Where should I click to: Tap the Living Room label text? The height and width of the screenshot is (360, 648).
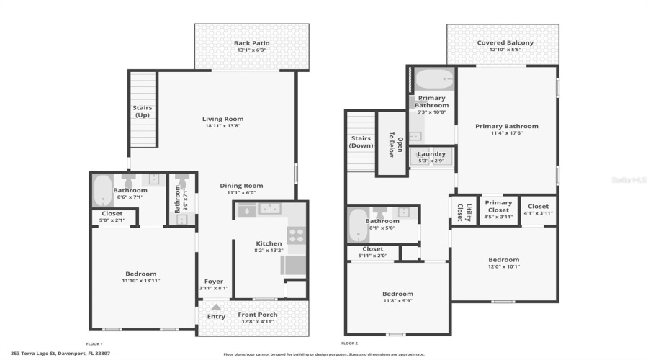pos(222,119)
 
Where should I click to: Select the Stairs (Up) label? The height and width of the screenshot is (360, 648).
pos(143,112)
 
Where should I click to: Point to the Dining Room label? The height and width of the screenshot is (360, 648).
pos(241,185)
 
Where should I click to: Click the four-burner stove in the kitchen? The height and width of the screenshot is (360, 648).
pos(296,235)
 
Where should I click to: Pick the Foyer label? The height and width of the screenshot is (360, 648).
pos(213,281)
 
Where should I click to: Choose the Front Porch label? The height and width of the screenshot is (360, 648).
pos(258,315)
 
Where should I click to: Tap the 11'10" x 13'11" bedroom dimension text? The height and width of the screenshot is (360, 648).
pos(140,281)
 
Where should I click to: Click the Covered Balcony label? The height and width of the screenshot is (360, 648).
pos(505,42)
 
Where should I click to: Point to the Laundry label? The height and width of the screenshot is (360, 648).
pos(432,153)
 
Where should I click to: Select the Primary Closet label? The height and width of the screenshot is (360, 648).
pos(498,206)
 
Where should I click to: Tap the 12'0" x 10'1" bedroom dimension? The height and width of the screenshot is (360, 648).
pos(504,266)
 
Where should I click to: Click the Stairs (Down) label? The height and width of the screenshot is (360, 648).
pos(360,142)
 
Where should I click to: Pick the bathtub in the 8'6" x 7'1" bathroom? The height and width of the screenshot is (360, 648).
pos(102,190)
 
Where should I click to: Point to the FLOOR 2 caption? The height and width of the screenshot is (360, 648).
pos(350,344)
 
